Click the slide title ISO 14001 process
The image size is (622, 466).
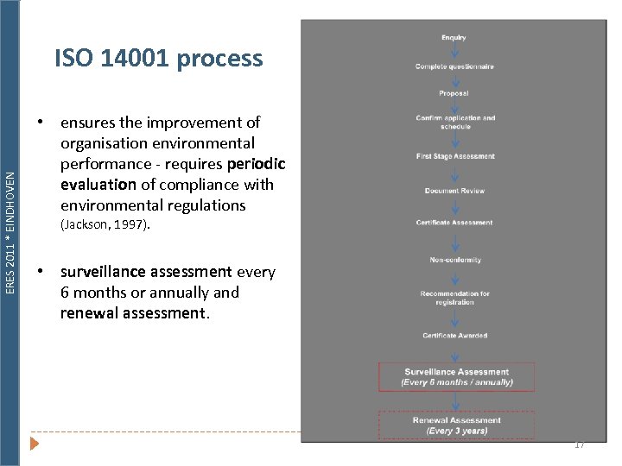(158, 59)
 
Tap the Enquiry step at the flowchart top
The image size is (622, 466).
(454, 37)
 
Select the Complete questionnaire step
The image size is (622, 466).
(454, 66)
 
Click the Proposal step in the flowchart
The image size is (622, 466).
(454, 93)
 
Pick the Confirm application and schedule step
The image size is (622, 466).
(455, 122)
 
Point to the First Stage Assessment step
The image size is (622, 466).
(455, 156)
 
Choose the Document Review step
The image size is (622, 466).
(454, 191)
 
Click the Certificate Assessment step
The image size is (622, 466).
(454, 223)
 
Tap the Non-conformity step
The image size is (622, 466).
(455, 260)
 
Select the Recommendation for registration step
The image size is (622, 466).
(454, 298)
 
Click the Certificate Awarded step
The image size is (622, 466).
(454, 335)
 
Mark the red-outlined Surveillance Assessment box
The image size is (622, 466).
(456, 377)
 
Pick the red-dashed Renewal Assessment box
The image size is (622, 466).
(456, 425)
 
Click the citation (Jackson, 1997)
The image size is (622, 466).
(105, 226)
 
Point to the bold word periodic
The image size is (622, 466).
(256, 164)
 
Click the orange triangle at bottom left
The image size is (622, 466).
(35, 444)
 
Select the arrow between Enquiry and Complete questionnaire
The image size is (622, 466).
(454, 52)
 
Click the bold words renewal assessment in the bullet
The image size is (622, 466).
(133, 313)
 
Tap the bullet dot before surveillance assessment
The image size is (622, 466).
(41, 272)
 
